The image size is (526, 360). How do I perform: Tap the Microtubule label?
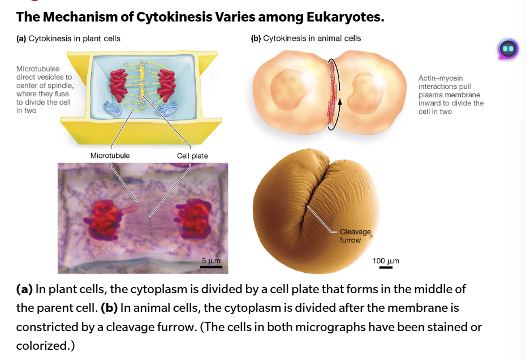coord(110,156)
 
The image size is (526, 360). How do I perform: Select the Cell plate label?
coord(192,156)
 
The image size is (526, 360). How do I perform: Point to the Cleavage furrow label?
coord(355,235)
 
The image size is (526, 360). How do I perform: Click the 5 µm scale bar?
coord(211,267)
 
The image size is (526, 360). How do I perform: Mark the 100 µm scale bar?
coord(386,267)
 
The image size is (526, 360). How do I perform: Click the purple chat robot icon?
coord(508,49)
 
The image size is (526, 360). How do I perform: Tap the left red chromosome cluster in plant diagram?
coord(118,85)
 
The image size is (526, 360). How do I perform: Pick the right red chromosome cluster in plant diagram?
coord(166,85)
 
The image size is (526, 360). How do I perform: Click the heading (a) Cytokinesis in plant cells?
coord(68,38)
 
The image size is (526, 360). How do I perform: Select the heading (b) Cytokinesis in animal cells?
coord(306,38)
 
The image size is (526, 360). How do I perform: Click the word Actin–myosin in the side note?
coord(441,78)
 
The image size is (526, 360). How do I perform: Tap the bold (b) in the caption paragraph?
coord(109,308)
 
